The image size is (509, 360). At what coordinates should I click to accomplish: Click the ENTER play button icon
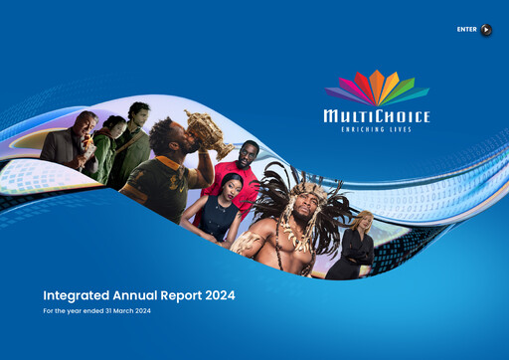click(486, 30)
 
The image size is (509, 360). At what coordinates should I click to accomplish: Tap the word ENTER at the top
click(467, 30)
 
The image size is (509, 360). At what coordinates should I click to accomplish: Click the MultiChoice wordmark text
click(377, 117)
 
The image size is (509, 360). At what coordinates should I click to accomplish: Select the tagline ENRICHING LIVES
click(377, 130)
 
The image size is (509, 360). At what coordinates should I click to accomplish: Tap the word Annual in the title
click(145, 295)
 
